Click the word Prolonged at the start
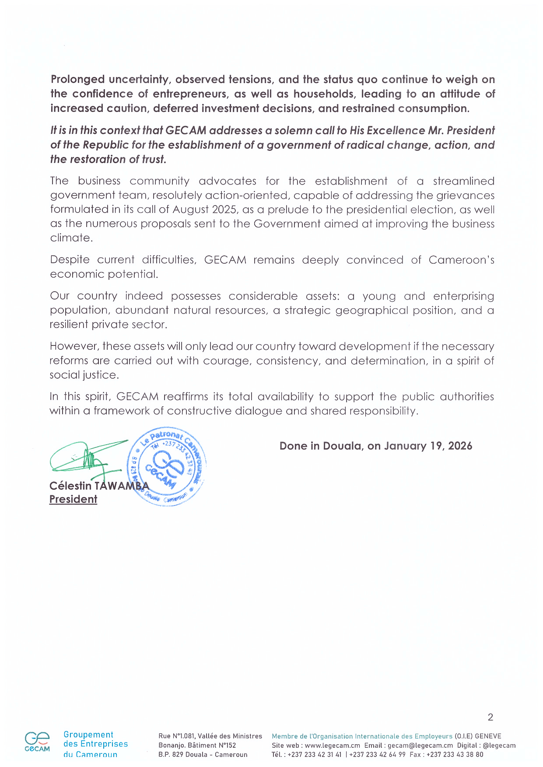(77, 80)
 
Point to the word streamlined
(463, 181)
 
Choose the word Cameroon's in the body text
(461, 260)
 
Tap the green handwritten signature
(85, 457)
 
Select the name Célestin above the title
(70, 486)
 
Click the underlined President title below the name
(73, 499)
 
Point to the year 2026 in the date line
(460, 446)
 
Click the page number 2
(490, 717)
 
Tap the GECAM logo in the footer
(37, 742)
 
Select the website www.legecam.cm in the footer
(332, 746)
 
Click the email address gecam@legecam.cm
(420, 746)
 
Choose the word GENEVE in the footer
(488, 736)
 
